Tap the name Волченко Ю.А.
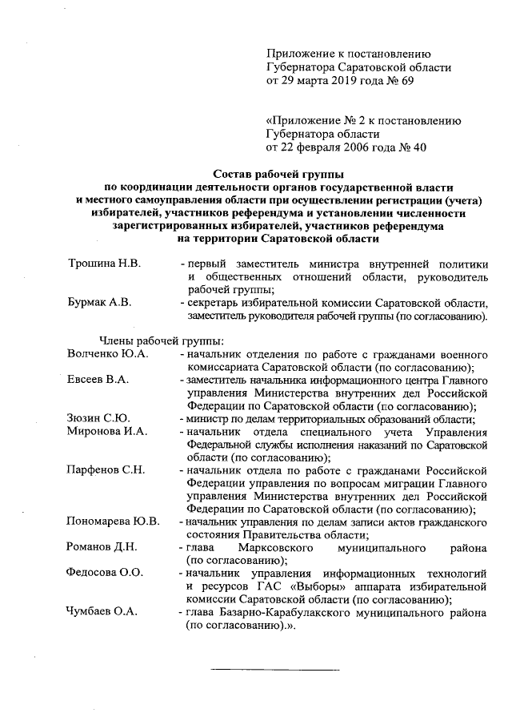point(107,353)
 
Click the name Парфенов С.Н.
point(106,469)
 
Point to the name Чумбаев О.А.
point(102,612)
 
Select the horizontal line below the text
point(274,668)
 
